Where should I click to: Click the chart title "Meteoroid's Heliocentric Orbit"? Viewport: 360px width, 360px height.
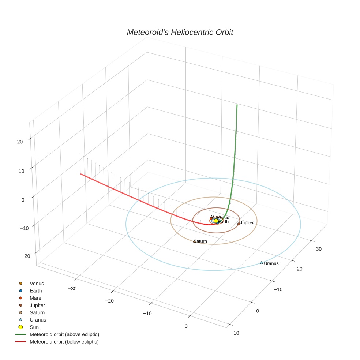point(180,32)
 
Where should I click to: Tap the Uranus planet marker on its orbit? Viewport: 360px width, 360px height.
point(262,263)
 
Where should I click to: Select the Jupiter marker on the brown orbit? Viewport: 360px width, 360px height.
point(239,224)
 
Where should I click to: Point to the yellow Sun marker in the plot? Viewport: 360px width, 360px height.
point(216,221)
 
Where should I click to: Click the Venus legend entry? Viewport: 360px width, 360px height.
point(37,284)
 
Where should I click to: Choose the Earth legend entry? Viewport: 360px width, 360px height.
point(36,291)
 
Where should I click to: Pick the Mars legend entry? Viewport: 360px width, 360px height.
point(35,298)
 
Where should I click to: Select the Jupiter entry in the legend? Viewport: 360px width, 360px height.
point(37,305)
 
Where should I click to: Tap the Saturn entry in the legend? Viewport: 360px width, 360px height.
point(37,312)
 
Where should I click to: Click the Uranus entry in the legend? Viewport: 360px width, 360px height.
point(38,320)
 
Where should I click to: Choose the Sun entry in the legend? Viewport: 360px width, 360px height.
point(34,327)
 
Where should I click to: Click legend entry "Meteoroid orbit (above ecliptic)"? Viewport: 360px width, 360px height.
point(64,334)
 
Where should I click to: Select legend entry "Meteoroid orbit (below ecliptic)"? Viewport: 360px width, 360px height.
point(64,342)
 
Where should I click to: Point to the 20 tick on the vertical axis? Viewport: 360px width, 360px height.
point(20,142)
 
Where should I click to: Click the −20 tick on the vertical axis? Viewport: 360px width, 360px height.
point(26,256)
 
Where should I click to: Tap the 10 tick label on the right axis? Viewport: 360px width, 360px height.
point(236,333)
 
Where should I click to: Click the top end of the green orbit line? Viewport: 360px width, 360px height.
point(237,105)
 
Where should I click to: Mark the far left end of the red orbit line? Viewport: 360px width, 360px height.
point(81,174)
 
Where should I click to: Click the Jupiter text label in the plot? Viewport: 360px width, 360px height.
point(247,223)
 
